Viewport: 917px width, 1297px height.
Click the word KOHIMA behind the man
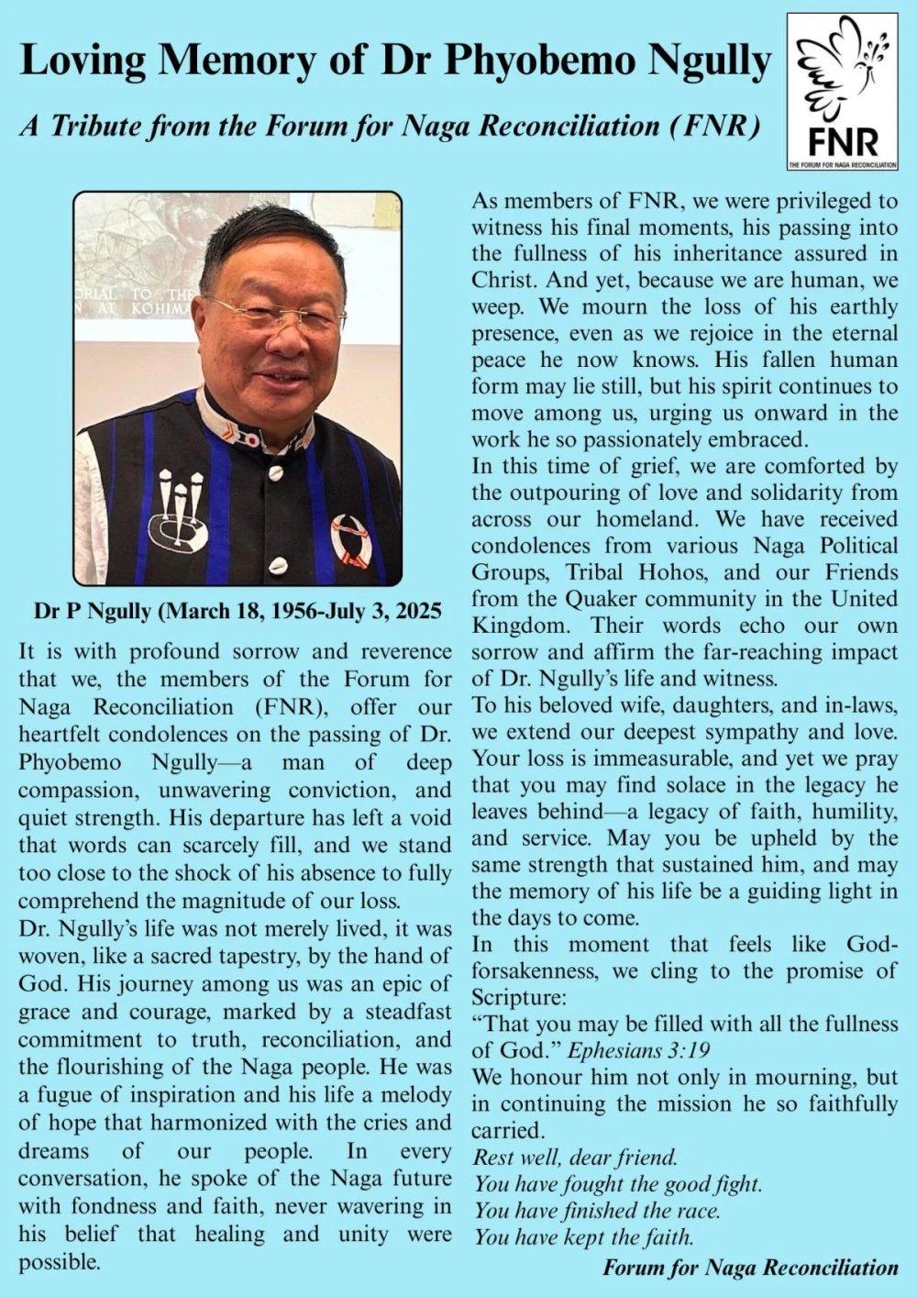point(160,309)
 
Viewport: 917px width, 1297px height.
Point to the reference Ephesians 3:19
point(638,1051)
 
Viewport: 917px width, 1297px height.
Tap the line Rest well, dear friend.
point(575,1158)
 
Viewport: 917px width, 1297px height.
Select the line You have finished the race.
point(597,1211)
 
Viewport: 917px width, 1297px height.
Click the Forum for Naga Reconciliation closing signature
point(750,1268)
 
